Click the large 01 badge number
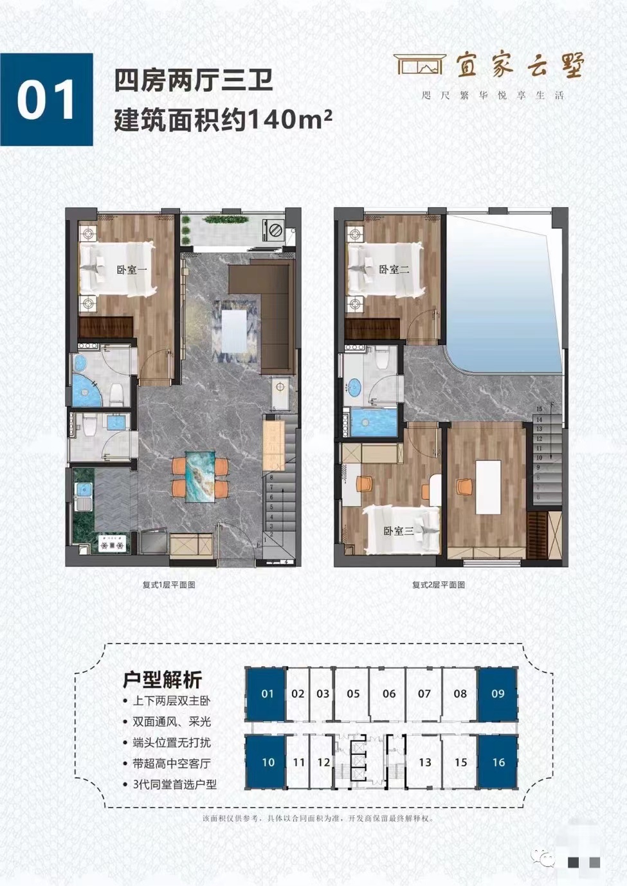tap(46, 100)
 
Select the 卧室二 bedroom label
tap(394, 270)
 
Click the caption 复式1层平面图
tap(168, 585)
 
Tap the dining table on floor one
tap(200, 476)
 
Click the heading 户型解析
tap(162, 680)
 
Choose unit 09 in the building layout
tap(497, 694)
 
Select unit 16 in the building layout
tap(498, 763)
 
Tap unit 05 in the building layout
tap(353, 694)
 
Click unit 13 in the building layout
tap(424, 763)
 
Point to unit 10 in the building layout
tap(268, 763)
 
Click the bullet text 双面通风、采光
tap(172, 722)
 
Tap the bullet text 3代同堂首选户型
tap(174, 784)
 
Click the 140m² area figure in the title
tap(289, 120)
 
